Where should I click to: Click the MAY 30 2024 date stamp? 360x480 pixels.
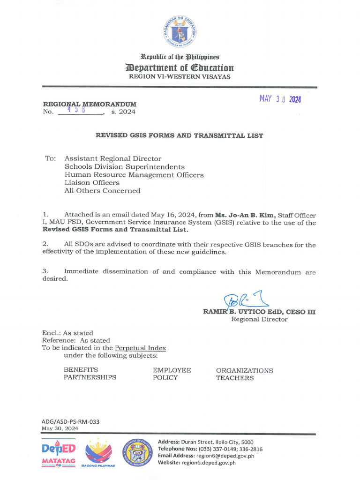click(x=280, y=99)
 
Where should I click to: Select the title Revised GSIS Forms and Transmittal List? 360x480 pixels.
click(x=180, y=135)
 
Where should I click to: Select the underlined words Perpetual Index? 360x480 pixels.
click(x=140, y=348)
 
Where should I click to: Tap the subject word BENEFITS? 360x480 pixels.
click(x=81, y=370)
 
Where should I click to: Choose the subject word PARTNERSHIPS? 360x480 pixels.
click(x=90, y=377)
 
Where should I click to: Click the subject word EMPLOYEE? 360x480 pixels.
click(x=172, y=370)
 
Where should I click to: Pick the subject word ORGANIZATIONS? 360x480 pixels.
click(x=244, y=370)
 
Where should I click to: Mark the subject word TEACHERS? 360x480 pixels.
click(x=235, y=378)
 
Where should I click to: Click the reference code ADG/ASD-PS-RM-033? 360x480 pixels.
click(x=70, y=421)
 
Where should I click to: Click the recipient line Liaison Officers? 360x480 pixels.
click(x=92, y=183)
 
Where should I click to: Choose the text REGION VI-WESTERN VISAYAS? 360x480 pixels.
click(x=180, y=76)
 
